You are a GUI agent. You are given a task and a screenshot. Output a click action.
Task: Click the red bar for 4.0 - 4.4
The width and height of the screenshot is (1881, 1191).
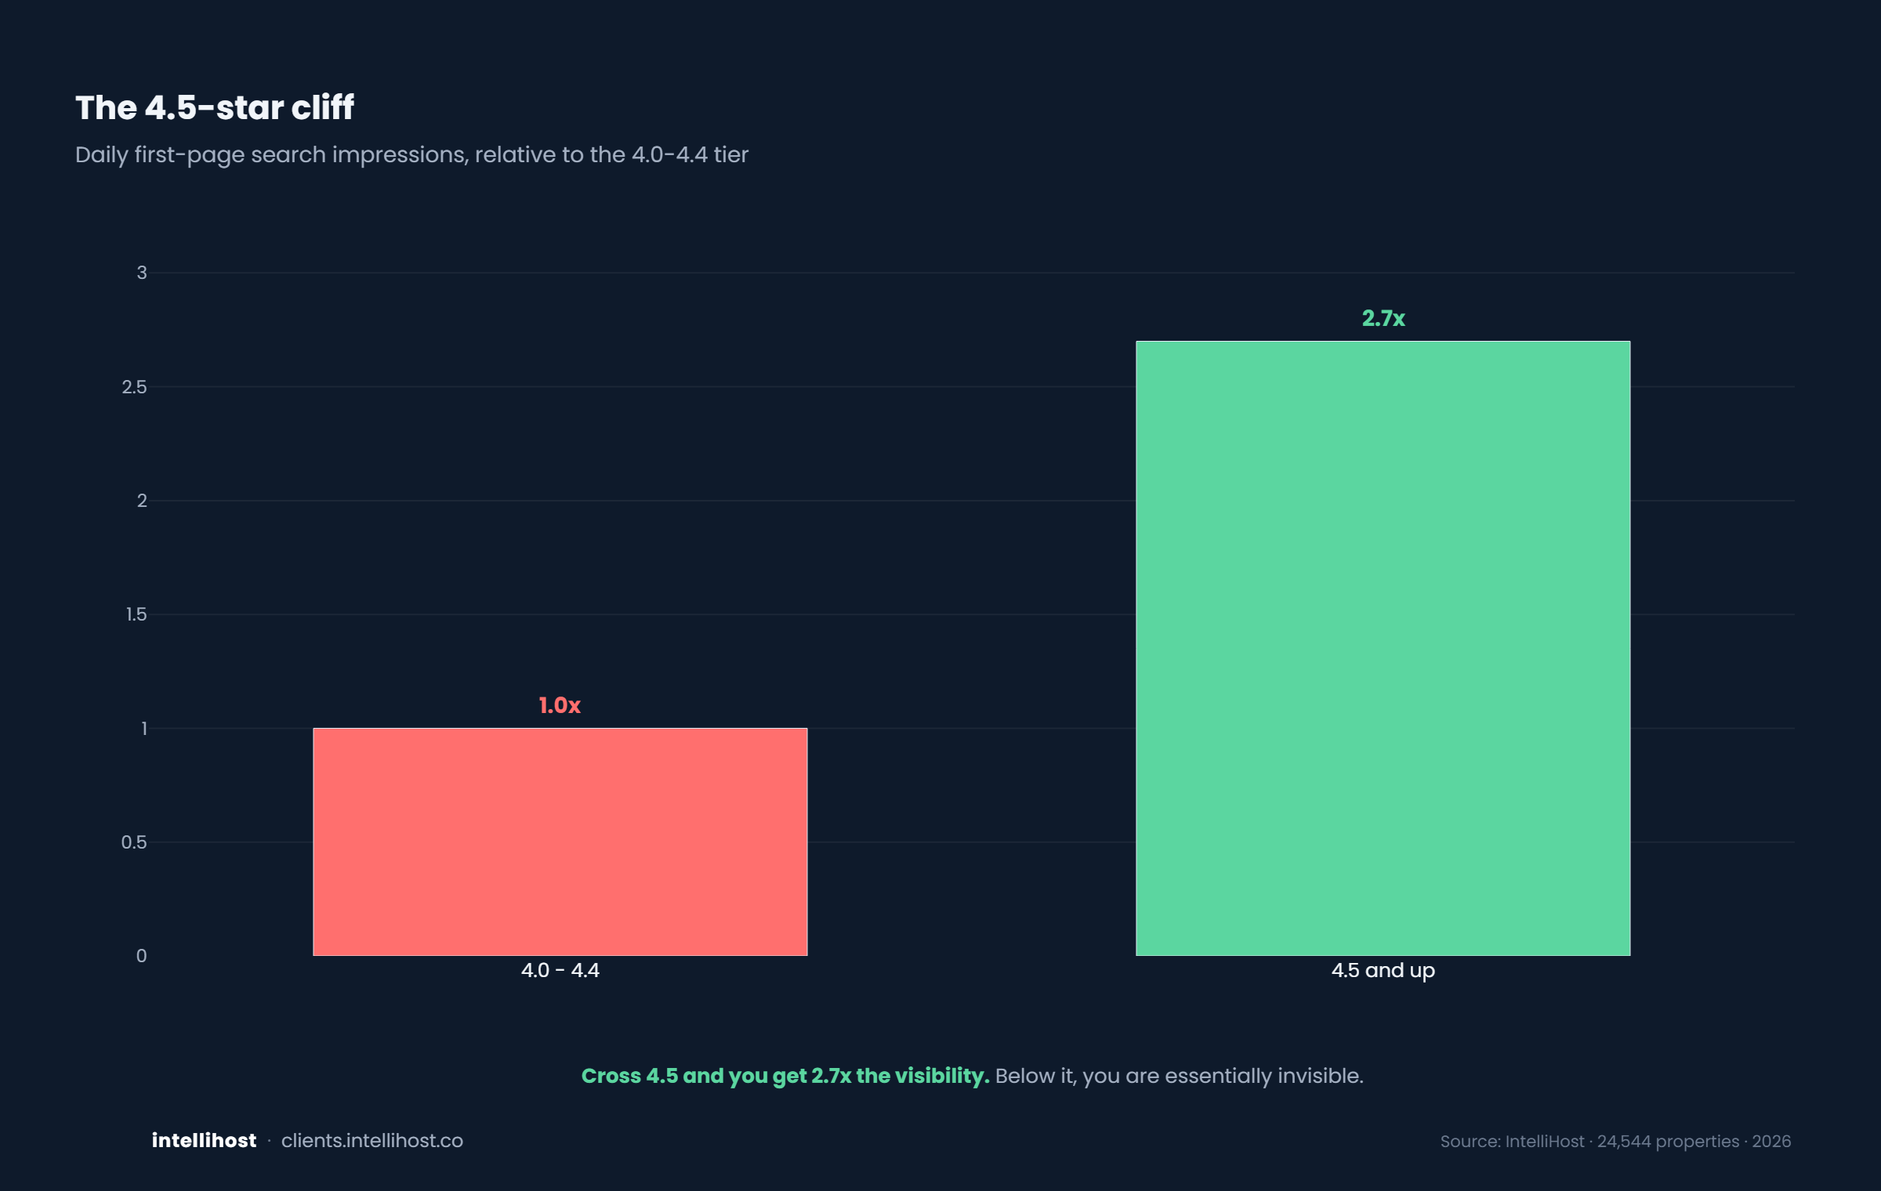[x=560, y=842]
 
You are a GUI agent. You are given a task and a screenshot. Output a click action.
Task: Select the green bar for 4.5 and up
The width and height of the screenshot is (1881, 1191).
[x=1383, y=648]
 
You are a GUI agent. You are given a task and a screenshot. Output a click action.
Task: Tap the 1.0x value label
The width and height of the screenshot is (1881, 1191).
[x=560, y=705]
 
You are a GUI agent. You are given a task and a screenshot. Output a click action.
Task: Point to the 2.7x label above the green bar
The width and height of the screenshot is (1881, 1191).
[x=1383, y=318]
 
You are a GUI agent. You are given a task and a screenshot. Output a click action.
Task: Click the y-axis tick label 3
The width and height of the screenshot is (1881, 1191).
[x=142, y=273]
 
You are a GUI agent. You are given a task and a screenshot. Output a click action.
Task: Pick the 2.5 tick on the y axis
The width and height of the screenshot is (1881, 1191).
[x=134, y=387]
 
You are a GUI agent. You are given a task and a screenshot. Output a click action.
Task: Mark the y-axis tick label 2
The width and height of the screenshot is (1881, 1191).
[x=142, y=501]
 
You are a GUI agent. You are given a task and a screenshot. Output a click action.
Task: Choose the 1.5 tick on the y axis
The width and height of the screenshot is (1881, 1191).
[x=136, y=614]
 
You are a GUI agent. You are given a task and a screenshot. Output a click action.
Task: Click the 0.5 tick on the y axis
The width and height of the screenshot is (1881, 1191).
[x=134, y=842]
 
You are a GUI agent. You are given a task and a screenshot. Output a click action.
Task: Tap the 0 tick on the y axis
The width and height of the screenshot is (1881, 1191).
[x=141, y=956]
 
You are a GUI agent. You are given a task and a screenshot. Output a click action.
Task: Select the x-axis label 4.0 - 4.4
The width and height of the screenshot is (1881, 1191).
[x=560, y=971]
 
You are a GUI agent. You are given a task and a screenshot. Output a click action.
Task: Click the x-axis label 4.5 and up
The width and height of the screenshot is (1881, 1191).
[x=1383, y=971]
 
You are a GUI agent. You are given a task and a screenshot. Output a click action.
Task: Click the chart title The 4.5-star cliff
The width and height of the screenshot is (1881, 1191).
[x=215, y=107]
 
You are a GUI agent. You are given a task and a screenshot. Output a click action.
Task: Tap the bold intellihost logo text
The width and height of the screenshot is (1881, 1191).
[x=204, y=1141]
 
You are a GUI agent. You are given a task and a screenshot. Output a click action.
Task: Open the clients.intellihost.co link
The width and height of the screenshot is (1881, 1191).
[x=372, y=1141]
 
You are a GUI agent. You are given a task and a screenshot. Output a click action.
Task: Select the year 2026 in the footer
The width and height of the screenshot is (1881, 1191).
[x=1771, y=1142]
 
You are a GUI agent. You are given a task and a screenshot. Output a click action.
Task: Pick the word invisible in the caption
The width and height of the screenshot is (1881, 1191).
[x=1321, y=1076]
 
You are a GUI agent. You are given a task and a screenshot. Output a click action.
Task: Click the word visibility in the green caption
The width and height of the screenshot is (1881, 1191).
[x=942, y=1077]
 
